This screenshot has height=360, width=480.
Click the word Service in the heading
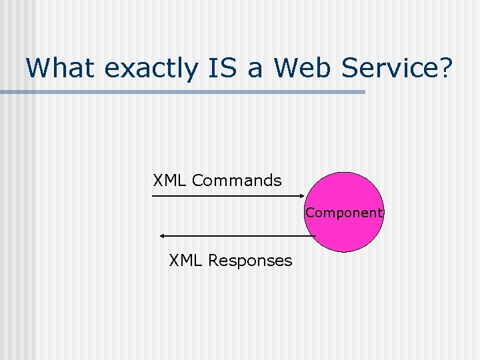(x=389, y=67)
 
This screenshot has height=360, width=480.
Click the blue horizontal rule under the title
(x=183, y=92)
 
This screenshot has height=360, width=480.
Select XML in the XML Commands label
(x=170, y=181)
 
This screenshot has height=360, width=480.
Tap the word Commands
(x=237, y=181)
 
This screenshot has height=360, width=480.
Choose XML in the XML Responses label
(x=186, y=261)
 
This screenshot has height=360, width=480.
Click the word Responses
(x=250, y=261)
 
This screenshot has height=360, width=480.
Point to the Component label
(x=345, y=213)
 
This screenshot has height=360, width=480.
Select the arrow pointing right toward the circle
(x=227, y=197)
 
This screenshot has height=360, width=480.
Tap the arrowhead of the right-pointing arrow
(x=301, y=197)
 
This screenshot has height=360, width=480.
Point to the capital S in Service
(x=353, y=67)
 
